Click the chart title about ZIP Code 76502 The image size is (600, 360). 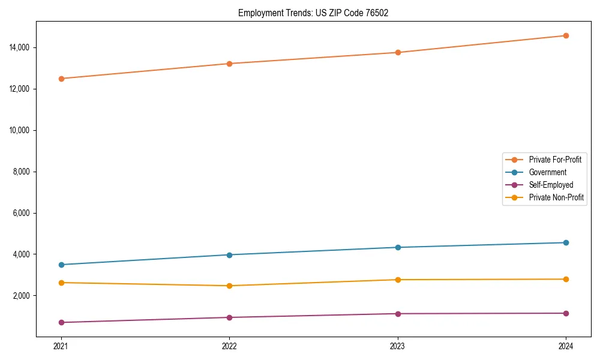click(x=313, y=13)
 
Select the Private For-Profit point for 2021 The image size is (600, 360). click(x=61, y=79)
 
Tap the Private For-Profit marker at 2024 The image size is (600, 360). click(x=566, y=36)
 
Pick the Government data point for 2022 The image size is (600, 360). click(x=229, y=255)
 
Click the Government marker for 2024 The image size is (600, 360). click(x=566, y=242)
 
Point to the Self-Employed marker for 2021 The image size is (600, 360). click(x=61, y=323)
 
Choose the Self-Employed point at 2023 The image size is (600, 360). click(x=397, y=314)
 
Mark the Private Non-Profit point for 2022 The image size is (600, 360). click(x=229, y=286)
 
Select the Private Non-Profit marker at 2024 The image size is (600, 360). click(x=566, y=279)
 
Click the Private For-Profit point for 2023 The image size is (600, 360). click(x=397, y=53)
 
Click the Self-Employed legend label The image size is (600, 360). click(x=551, y=185)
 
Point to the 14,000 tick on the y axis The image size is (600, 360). click(x=20, y=48)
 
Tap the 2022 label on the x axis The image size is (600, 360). click(x=229, y=346)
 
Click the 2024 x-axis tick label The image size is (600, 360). click(x=566, y=346)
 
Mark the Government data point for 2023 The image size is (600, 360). click(x=397, y=247)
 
